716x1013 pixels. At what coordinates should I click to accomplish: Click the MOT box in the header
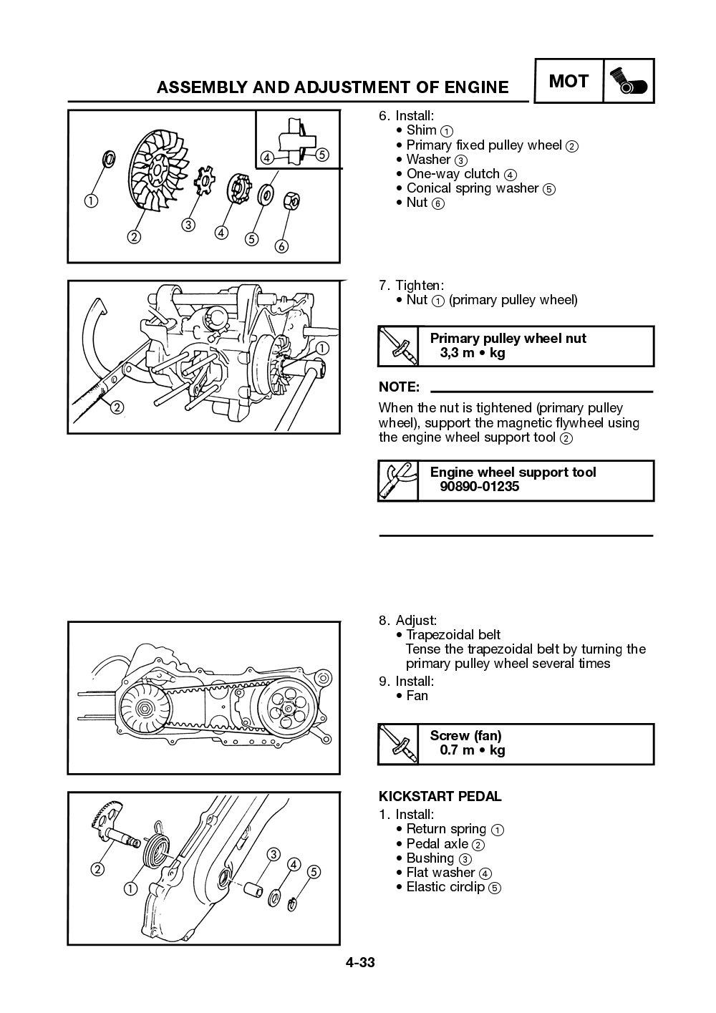569,81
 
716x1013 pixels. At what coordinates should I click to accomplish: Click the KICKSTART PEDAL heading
440,796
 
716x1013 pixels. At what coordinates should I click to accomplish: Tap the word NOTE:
399,387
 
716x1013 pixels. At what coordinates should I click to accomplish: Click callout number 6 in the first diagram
281,246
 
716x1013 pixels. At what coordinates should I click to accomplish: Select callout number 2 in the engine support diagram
117,407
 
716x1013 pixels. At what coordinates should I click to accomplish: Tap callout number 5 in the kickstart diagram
313,872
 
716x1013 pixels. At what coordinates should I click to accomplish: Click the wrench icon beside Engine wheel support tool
397,480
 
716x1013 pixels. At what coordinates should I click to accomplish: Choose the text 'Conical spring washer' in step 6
472,188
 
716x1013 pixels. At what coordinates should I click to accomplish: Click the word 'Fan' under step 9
417,695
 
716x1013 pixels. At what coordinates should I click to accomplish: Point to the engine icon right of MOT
629,82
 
